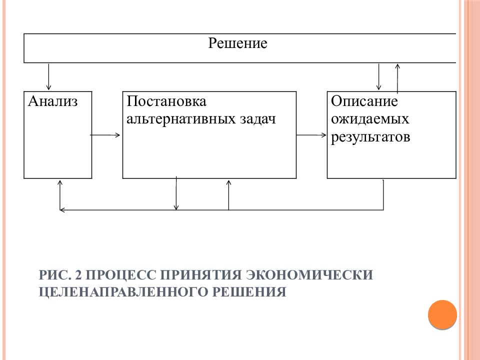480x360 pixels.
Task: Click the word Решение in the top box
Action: click(x=237, y=43)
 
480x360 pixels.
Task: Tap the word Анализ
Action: click(x=52, y=101)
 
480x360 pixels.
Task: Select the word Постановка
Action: click(x=166, y=101)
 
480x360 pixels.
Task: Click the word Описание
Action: click(x=364, y=101)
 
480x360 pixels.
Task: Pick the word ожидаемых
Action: click(x=370, y=119)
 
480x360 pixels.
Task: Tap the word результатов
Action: click(x=370, y=137)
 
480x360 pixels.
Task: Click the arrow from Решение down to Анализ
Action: click(x=48, y=76)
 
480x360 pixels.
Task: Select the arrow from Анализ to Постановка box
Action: click(x=105, y=135)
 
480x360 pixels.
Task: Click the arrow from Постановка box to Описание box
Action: click(x=311, y=135)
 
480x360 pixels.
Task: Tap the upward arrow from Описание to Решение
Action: click(x=397, y=78)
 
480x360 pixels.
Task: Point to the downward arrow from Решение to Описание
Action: click(x=378, y=76)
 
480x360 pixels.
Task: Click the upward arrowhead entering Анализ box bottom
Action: click(x=60, y=183)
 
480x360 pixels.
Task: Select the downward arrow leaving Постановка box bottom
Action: click(x=176, y=193)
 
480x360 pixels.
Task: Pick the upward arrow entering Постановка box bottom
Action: click(x=228, y=195)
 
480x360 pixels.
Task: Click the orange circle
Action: click(x=442, y=314)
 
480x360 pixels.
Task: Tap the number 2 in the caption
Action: click(x=78, y=275)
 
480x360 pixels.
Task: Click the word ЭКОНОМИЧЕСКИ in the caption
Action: click(x=310, y=275)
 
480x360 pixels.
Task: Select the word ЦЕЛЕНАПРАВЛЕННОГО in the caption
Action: click(x=123, y=291)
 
